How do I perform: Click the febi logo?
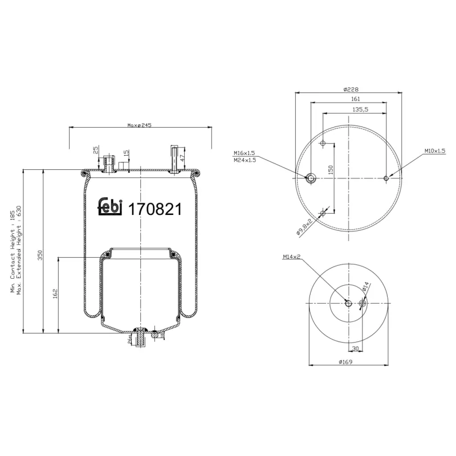[110, 208]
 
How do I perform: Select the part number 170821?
[155, 209]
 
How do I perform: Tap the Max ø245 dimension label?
[140, 125]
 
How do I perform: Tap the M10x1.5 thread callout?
[435, 150]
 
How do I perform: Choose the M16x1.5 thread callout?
[244, 153]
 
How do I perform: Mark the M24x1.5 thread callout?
[244, 160]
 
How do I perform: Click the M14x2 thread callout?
[291, 257]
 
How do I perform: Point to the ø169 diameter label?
[347, 362]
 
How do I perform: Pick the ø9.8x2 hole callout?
[304, 226]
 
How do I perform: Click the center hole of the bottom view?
[348, 303]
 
